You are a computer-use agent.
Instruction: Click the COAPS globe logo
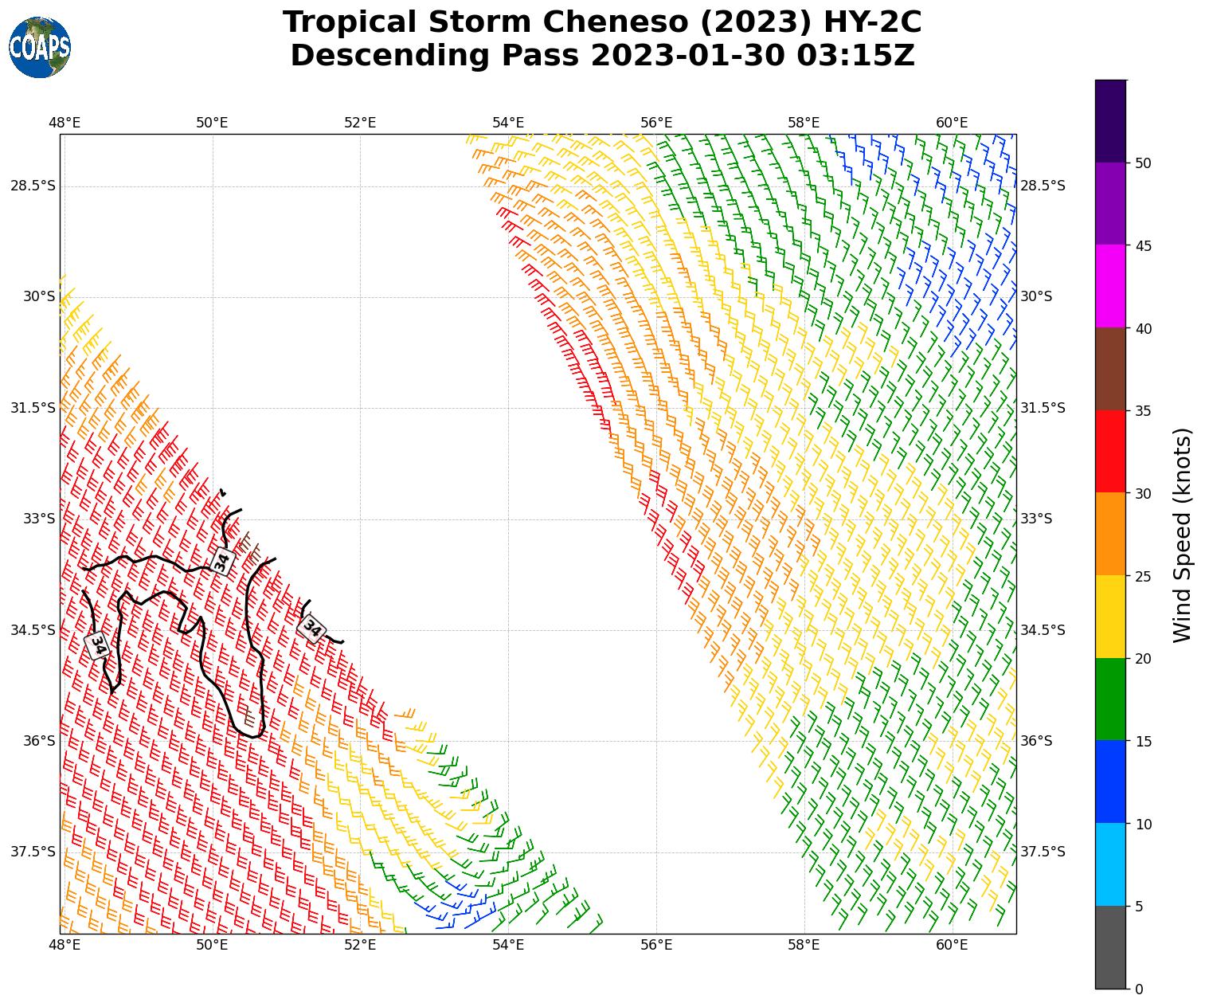(x=40, y=47)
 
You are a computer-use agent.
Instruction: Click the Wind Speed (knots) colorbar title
(x=1183, y=535)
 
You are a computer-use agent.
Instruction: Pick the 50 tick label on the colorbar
(x=1143, y=163)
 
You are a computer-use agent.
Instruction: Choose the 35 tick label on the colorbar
(x=1143, y=411)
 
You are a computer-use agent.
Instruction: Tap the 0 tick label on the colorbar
(x=1139, y=989)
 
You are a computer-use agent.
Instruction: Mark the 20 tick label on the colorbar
(x=1143, y=659)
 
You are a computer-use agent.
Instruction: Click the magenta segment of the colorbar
(x=1110, y=286)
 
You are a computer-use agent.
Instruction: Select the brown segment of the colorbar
(x=1110, y=369)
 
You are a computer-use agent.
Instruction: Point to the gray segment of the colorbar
(x=1110, y=947)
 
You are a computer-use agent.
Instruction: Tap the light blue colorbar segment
(x=1110, y=864)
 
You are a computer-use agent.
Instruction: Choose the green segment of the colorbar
(x=1110, y=699)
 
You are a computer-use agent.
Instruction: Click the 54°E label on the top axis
(x=508, y=123)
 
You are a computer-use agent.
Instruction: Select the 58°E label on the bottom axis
(x=804, y=946)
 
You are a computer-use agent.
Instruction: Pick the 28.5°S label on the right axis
(x=1043, y=186)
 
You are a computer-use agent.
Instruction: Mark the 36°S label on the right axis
(x=1036, y=741)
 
